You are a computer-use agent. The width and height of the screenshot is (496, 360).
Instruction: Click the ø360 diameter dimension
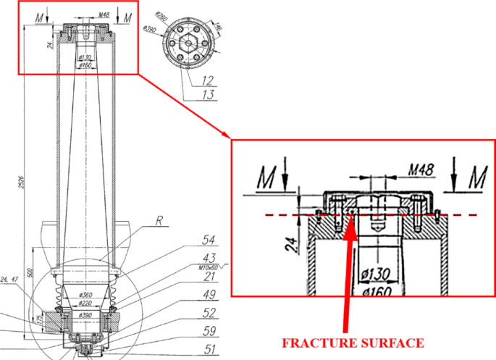click(87, 295)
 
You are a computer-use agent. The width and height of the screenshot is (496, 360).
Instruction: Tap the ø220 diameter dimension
click(87, 304)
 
